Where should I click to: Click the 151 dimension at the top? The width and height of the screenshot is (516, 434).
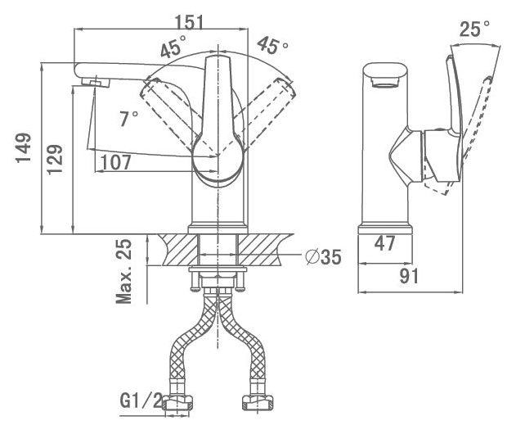[x=189, y=22]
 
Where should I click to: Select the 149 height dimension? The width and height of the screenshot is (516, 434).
[x=24, y=148]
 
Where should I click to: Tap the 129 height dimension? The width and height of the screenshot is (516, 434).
[x=55, y=159]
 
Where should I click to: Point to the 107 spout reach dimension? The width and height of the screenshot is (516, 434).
[x=116, y=162]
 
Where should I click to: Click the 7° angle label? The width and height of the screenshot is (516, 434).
[x=128, y=119]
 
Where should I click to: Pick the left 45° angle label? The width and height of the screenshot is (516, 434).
[x=173, y=47]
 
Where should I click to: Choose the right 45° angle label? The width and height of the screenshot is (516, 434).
[x=273, y=45]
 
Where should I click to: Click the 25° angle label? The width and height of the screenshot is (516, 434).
[x=474, y=29]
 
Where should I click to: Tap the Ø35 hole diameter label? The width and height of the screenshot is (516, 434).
[x=323, y=256]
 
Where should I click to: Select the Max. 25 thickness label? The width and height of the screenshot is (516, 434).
[x=124, y=272]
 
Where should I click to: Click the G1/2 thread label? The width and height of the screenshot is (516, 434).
[x=141, y=400]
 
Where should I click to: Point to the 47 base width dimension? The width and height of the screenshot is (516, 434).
[x=384, y=243]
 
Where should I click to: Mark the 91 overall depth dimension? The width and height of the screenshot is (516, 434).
[x=409, y=276]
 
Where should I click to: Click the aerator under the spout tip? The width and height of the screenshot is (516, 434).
[x=96, y=82]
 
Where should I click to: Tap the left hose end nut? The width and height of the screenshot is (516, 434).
[x=178, y=403]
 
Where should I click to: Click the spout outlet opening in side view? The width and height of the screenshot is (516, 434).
[x=385, y=82]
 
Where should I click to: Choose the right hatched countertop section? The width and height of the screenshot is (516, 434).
[x=264, y=250]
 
